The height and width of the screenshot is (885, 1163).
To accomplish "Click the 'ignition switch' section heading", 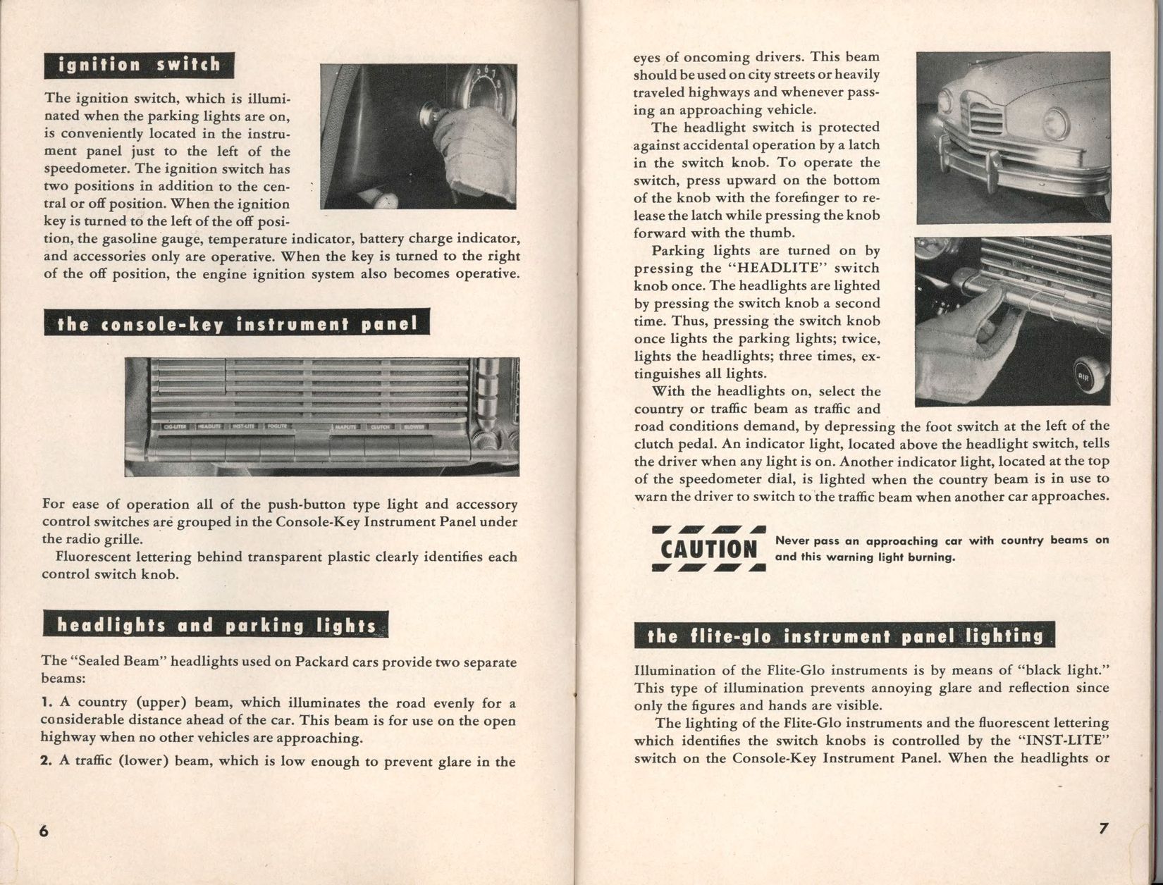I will (x=139, y=66).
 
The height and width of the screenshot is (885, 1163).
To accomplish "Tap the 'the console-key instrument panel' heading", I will (x=236, y=324).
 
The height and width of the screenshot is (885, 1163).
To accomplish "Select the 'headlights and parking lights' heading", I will (x=216, y=626).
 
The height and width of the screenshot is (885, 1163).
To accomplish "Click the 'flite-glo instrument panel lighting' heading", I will (x=844, y=636).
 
